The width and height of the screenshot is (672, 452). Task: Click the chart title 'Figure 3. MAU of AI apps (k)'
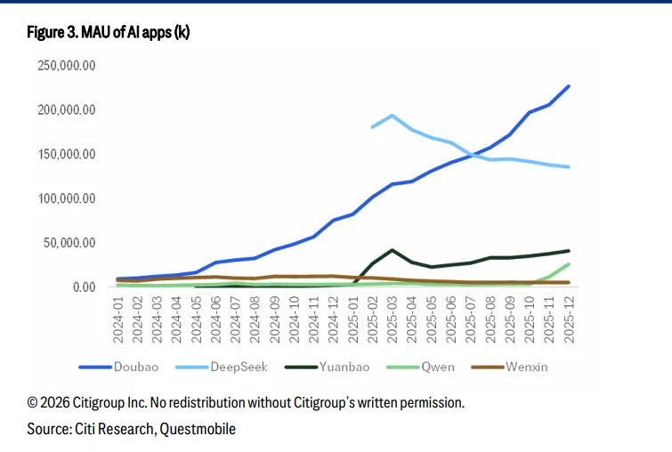tap(109, 33)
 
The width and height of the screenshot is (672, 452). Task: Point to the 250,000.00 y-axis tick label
tap(66, 66)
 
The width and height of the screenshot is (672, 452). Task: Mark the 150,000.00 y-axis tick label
tap(66, 154)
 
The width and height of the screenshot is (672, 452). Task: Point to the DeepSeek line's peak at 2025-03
tap(393, 116)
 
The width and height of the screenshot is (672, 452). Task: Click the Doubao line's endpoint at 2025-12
tap(569, 86)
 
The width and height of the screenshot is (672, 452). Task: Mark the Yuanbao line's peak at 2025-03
tap(393, 250)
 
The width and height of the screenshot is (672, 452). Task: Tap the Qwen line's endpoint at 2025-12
tap(569, 264)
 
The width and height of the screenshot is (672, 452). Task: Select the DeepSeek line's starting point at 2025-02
tap(373, 127)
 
